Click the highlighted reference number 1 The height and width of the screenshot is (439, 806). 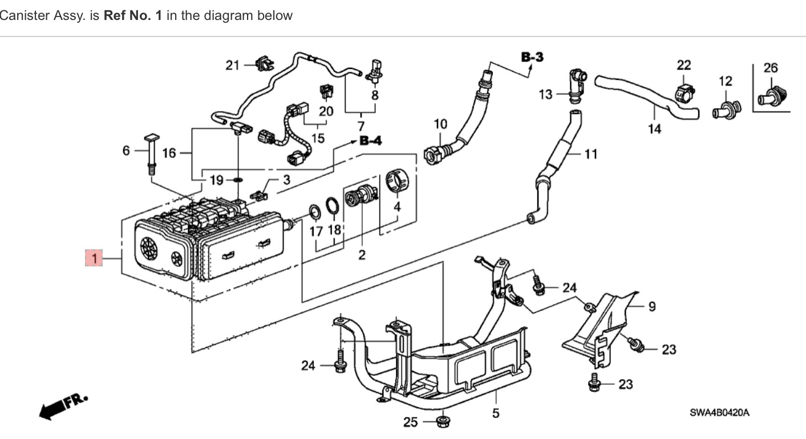pyautogui.click(x=94, y=258)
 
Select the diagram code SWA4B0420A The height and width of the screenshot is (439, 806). pyautogui.click(x=719, y=412)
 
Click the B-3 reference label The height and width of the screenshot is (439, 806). pyautogui.click(x=532, y=57)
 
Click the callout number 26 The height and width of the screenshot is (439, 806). pyautogui.click(x=770, y=68)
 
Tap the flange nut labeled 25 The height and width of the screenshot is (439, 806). pyautogui.click(x=442, y=422)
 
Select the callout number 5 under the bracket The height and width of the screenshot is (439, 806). pyautogui.click(x=495, y=412)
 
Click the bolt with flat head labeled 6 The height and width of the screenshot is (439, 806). pyautogui.click(x=152, y=152)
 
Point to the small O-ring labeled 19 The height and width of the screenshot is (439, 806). pyautogui.click(x=237, y=181)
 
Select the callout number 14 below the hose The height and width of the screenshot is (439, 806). pyautogui.click(x=654, y=129)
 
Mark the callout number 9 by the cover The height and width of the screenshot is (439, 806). pyautogui.click(x=651, y=307)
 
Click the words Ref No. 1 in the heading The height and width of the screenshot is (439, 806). pyautogui.click(x=132, y=15)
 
